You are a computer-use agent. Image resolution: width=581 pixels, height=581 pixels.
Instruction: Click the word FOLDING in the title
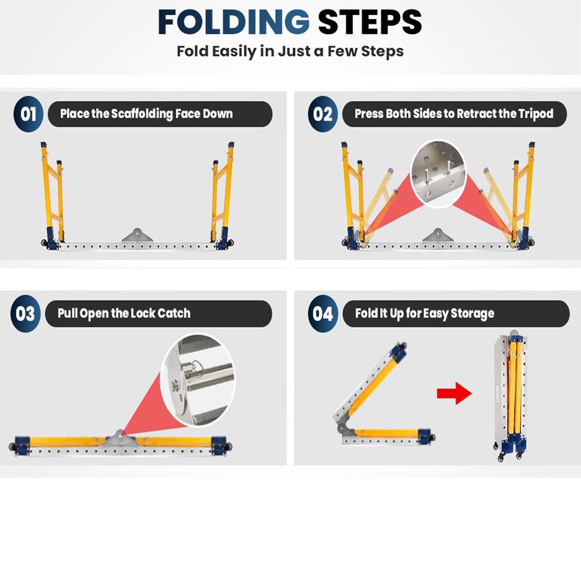234,22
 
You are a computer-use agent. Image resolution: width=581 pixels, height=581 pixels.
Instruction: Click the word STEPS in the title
370,22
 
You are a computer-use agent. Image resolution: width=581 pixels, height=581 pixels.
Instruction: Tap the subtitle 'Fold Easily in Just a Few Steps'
290,51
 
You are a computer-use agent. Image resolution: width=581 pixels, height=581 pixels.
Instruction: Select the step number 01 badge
28,114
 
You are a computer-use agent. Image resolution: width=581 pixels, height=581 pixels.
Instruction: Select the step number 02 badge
322,114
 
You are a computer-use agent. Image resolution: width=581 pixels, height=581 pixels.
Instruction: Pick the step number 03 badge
25,313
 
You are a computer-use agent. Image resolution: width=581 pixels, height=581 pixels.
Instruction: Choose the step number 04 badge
323,313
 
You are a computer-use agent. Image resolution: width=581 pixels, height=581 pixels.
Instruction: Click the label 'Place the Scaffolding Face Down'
146,114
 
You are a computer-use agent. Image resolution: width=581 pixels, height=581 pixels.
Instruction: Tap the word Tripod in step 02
536,114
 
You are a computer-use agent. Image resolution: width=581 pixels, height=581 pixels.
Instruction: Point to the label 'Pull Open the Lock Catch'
124,313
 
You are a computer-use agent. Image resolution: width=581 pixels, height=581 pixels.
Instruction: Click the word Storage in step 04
472,313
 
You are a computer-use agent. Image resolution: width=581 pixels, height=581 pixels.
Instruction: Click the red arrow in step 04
454,393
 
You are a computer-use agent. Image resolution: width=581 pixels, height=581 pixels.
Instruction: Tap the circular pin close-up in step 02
438,174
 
